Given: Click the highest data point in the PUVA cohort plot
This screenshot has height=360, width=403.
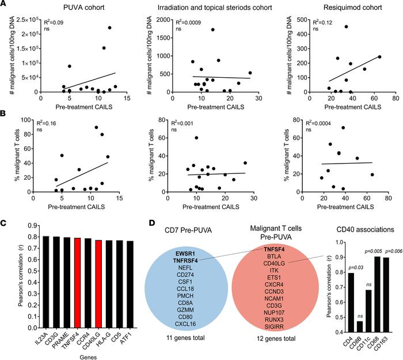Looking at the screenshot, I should click(x=109, y=28).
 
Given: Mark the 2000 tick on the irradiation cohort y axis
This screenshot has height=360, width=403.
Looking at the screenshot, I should click(x=160, y=18).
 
